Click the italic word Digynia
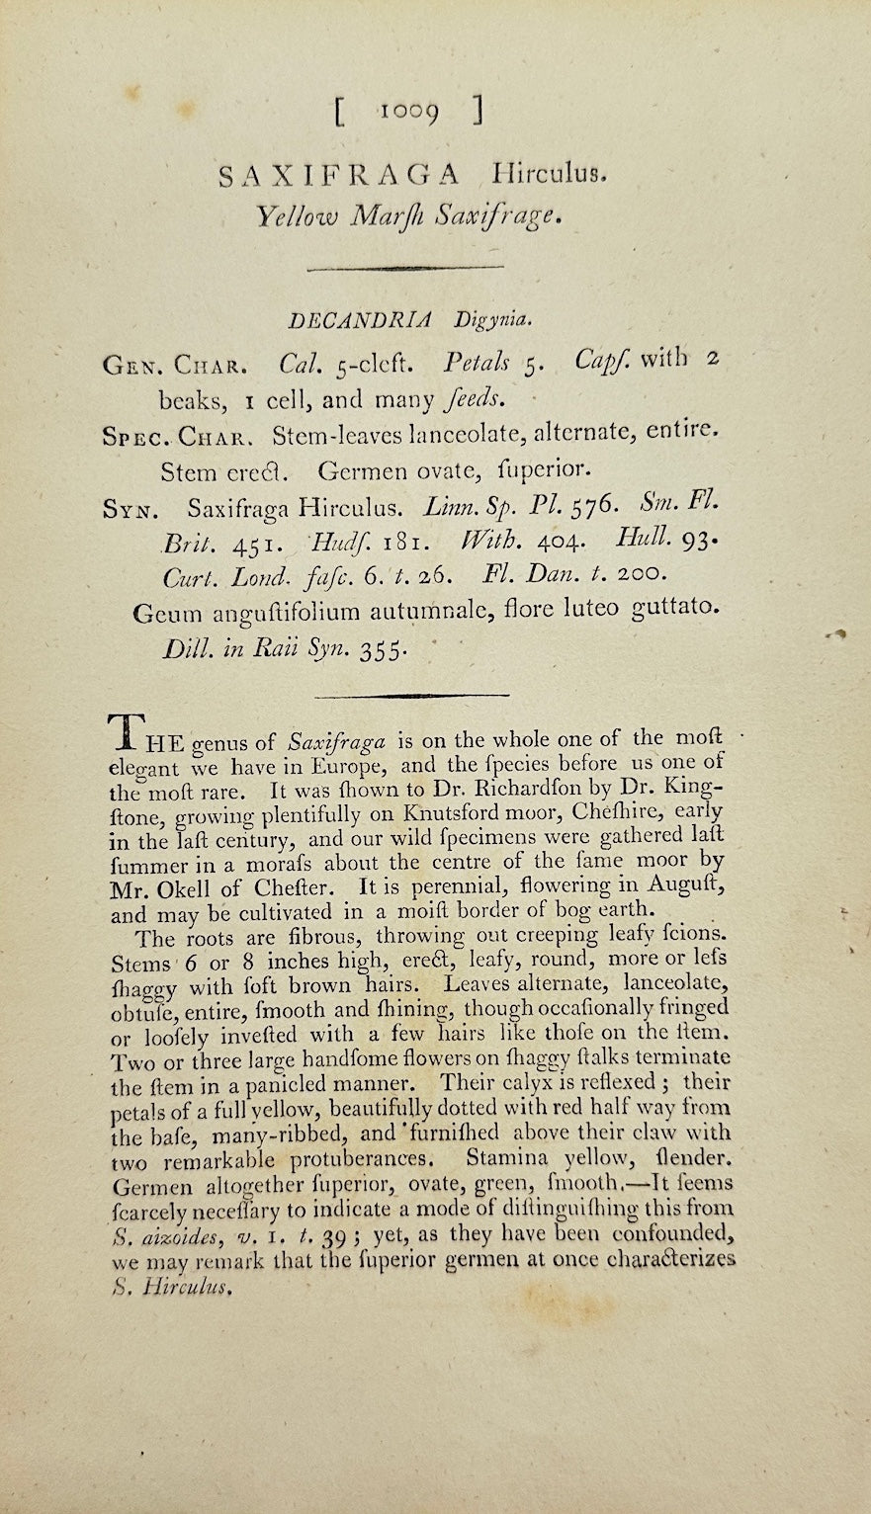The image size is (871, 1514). point(493,320)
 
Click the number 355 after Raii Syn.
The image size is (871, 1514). point(381,651)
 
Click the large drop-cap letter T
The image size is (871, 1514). point(124,732)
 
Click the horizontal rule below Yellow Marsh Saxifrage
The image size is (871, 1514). point(405,267)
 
